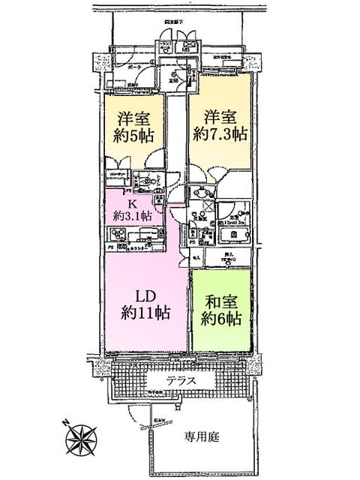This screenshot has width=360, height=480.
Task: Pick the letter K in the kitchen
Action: [132, 202]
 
